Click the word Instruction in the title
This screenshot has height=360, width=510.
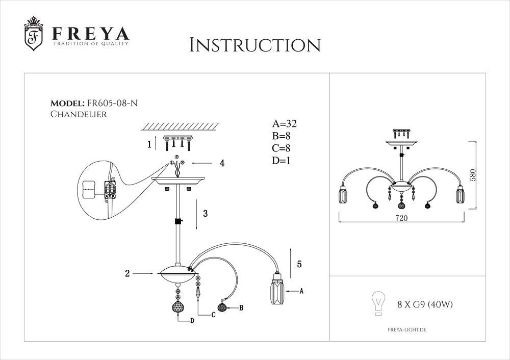[254, 45]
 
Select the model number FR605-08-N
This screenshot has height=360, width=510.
[112, 103]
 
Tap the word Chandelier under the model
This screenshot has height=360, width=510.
[79, 114]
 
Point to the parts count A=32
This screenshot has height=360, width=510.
[285, 123]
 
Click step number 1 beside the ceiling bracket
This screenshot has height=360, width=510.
[149, 144]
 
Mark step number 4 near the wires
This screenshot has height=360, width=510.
[222, 163]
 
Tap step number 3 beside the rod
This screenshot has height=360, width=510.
[205, 214]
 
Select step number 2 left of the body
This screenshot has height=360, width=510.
[127, 273]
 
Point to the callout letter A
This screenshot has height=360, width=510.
[301, 291]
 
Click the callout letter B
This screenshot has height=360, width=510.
[241, 307]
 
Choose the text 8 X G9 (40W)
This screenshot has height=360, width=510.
[425, 304]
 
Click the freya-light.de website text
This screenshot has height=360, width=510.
[403, 330]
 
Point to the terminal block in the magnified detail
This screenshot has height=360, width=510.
[108, 190]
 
